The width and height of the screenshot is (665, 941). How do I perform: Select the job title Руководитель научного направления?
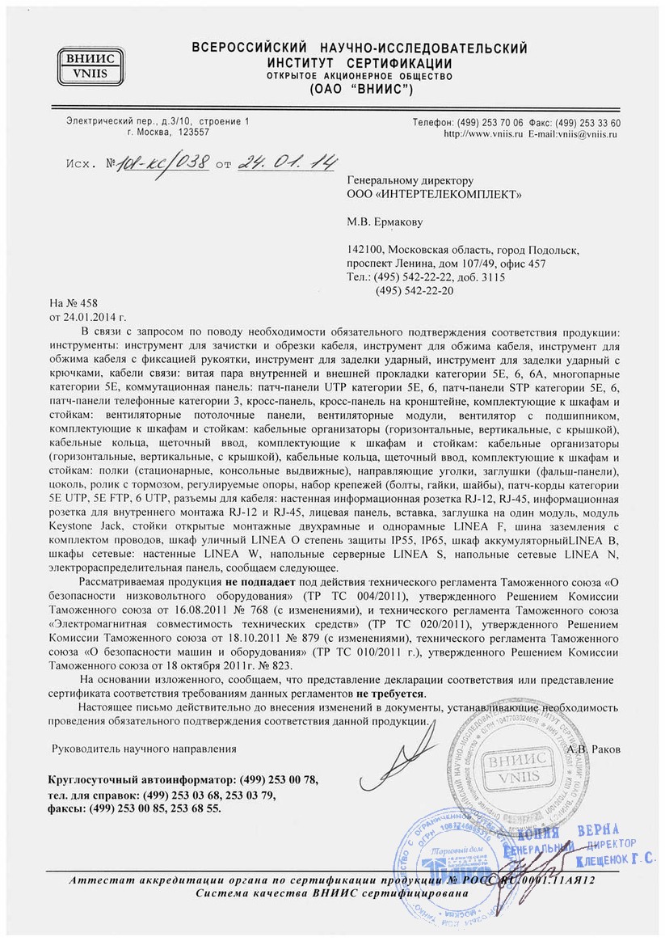pyautogui.click(x=144, y=749)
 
